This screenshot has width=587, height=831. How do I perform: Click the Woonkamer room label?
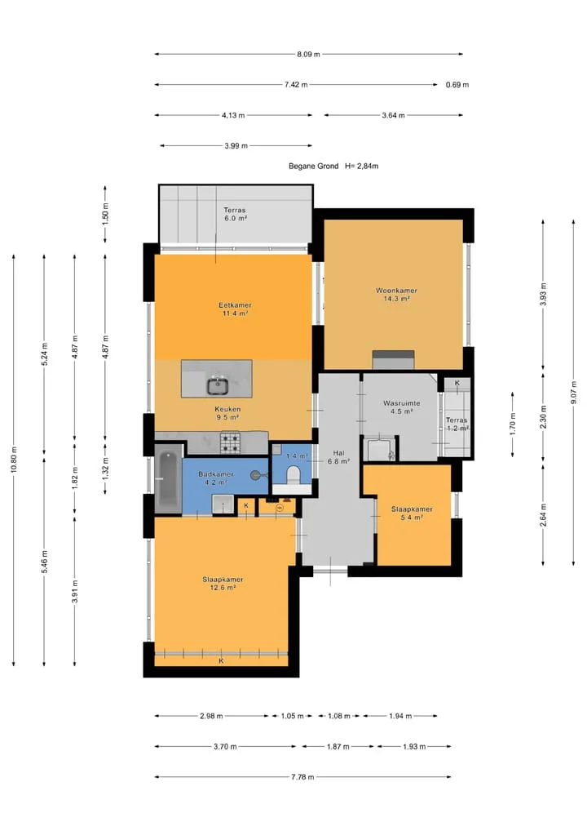tap(396, 291)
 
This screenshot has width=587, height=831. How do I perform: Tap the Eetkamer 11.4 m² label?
tap(235, 309)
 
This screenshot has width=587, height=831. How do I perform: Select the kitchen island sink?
tap(217, 385)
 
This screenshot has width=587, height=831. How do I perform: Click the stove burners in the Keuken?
tap(230, 443)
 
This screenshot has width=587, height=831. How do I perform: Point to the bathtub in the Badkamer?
tap(168, 478)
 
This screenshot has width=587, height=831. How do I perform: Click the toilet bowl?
tap(293, 473)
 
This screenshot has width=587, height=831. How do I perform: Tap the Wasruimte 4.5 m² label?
tap(401, 407)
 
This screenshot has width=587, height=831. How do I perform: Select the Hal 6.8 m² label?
tap(338, 457)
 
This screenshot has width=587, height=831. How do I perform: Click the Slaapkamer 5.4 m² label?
tap(412, 513)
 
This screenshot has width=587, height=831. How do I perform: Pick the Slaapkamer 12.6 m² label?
tap(223, 583)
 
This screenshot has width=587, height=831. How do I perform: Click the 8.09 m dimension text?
tap(308, 54)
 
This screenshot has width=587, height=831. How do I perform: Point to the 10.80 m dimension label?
tap(14, 460)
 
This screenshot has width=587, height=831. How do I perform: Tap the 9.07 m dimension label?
tap(574, 393)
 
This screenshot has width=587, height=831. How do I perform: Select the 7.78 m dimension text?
tap(302, 777)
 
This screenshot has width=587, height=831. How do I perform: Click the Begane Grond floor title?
tap(313, 166)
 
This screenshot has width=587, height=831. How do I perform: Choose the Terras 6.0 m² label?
tap(235, 214)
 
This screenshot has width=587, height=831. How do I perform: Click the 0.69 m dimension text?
tap(457, 85)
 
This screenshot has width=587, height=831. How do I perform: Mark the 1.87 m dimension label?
tap(338, 746)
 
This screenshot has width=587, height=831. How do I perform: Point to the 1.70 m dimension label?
tap(512, 424)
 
